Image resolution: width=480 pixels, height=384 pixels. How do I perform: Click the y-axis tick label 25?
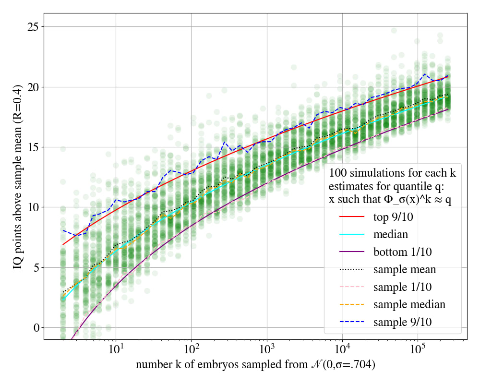32,27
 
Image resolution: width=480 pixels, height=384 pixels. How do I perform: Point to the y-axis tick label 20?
32,87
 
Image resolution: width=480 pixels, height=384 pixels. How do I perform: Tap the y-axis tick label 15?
32,147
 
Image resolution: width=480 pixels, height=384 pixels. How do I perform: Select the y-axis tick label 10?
32,207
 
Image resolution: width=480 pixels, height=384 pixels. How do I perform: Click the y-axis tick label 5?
35,267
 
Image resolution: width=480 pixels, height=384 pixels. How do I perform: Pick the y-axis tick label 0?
35,328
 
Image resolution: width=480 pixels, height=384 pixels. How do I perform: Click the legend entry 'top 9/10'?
394,217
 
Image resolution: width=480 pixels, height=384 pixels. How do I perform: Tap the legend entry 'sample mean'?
405,269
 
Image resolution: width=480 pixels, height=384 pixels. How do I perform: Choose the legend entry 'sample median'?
409,304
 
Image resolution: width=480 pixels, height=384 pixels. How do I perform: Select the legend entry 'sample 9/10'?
405,322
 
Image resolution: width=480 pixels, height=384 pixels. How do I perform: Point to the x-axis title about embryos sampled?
255,365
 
